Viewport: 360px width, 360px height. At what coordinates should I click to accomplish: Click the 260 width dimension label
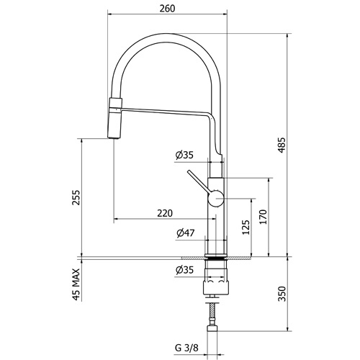tap(167, 9)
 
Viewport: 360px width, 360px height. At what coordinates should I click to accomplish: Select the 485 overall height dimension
tap(282, 145)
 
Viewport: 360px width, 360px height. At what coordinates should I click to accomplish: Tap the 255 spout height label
tap(76, 197)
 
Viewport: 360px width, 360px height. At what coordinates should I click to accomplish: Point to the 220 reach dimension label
tap(165, 213)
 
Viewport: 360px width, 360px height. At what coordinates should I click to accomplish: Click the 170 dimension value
tap(264, 217)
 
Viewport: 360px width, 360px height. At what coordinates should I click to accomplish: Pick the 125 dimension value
tap(246, 228)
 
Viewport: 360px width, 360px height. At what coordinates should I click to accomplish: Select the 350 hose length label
tap(282, 294)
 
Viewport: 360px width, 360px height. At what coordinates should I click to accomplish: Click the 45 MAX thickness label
tap(76, 284)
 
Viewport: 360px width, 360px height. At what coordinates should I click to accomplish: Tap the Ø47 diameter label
tap(185, 233)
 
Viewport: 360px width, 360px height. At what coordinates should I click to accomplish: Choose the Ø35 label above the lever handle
tap(184, 155)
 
